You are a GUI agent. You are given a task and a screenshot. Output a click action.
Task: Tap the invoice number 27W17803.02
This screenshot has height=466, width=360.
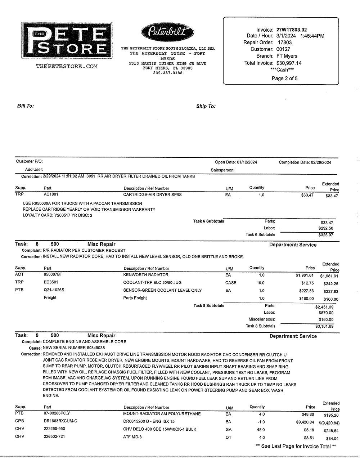pos(292,30)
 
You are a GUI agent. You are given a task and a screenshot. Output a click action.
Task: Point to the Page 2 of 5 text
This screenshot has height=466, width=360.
pos(284,78)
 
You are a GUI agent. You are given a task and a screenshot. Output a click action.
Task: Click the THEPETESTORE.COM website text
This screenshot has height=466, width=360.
pos(67,66)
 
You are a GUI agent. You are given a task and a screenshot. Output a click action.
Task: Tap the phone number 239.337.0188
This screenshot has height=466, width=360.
pos(168,73)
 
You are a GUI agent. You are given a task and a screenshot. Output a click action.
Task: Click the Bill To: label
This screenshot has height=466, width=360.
pos(26,106)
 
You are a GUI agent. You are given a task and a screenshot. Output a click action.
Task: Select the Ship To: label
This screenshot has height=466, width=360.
pos(206,106)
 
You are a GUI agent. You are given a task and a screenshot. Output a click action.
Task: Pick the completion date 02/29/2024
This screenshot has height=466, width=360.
pos(320,162)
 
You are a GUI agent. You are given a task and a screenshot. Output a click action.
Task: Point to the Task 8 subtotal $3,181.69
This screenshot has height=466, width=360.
pos(324,326)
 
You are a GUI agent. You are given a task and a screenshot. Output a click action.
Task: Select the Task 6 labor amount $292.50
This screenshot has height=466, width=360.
pos(326,228)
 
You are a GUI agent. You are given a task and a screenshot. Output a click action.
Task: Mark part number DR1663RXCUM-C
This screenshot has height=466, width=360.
pos(60,421)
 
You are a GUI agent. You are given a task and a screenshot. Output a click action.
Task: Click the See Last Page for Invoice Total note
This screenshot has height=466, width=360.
pos(296,446)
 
